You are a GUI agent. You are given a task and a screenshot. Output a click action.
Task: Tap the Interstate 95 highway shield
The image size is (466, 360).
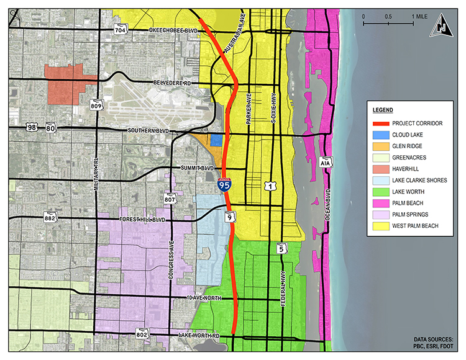click(224, 183)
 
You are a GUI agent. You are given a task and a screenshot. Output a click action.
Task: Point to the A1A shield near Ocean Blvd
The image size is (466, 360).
click(326, 163)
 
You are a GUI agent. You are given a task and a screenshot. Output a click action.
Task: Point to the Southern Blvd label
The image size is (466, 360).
click(147, 131)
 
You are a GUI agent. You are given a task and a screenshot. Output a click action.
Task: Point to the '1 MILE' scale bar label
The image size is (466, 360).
click(423, 15)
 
